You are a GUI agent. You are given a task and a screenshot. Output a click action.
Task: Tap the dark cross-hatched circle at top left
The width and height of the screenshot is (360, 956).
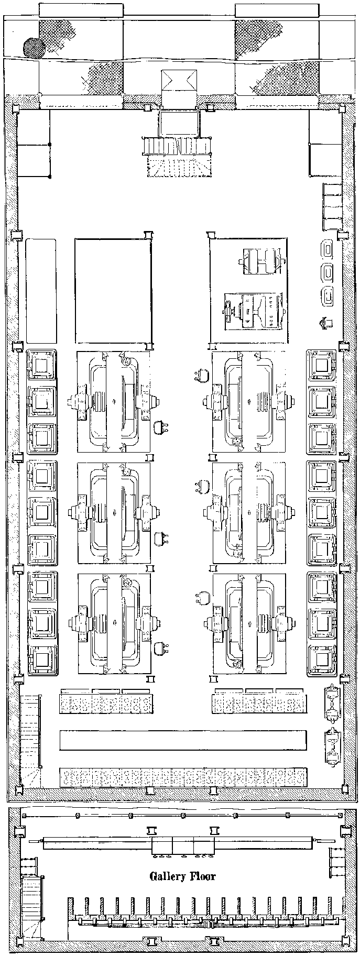34,47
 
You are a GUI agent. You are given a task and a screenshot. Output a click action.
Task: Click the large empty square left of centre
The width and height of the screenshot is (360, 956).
113,291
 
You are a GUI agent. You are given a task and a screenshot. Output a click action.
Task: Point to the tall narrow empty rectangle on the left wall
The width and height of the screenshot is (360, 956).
41,291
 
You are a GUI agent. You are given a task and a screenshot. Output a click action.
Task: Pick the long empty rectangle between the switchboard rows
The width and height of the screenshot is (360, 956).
182,740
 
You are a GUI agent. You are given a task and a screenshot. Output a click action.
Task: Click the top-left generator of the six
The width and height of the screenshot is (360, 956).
114,402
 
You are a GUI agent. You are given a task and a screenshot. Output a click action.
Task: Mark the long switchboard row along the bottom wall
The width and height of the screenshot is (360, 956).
182,777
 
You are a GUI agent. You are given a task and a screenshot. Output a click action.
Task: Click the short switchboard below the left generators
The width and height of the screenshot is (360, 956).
106,703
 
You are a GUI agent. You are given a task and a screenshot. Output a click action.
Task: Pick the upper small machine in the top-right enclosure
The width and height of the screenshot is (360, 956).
260,261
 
